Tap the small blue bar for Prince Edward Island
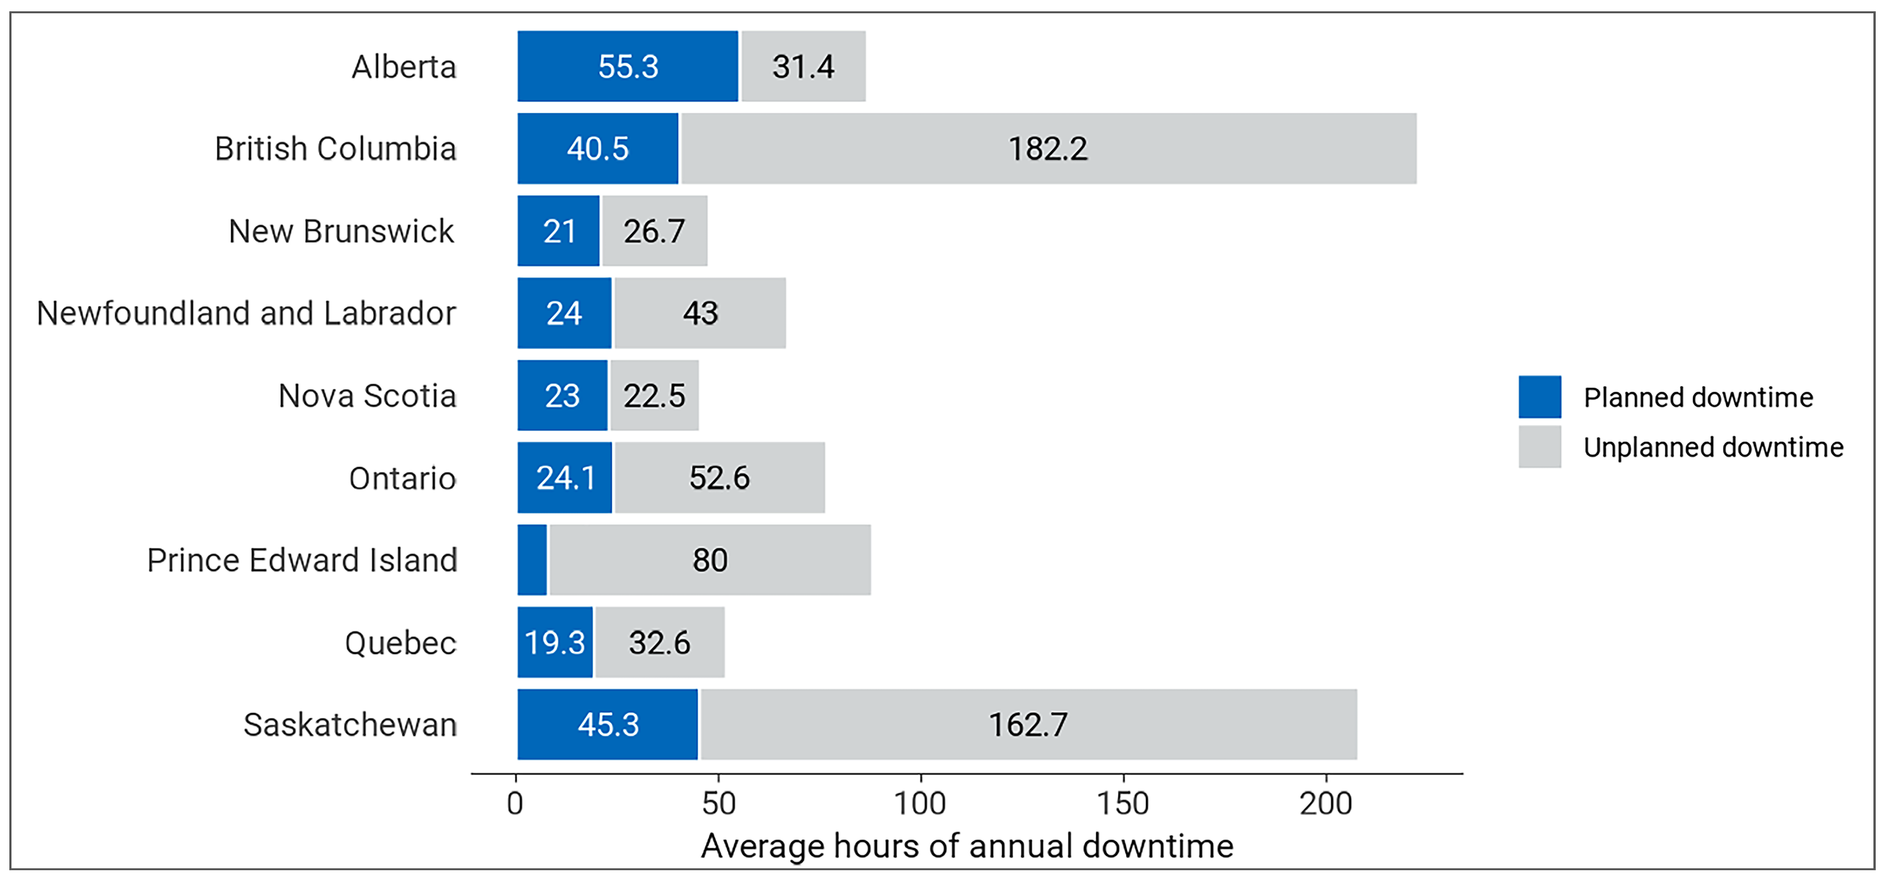tap(532, 560)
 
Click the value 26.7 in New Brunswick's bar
tap(654, 231)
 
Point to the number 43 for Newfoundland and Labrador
tap(700, 313)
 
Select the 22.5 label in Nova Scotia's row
tap(654, 396)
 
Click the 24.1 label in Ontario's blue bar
tap(565, 478)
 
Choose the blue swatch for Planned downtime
tap(1539, 396)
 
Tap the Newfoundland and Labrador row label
tap(246, 313)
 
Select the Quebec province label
tap(400, 643)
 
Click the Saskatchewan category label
tap(350, 724)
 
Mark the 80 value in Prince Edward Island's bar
tap(710, 560)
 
